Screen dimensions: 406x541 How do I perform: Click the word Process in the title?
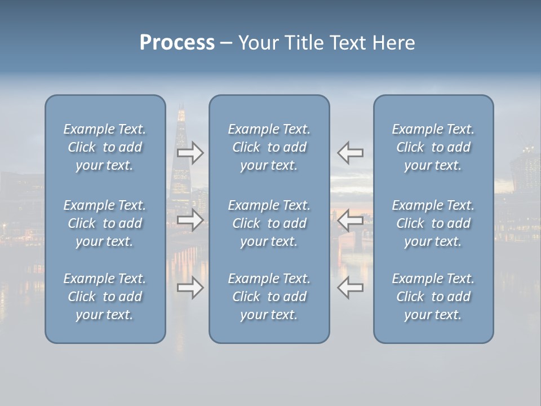(x=177, y=43)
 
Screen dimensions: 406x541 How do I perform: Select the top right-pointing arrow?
(x=190, y=152)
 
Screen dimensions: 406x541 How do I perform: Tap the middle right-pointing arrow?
(x=190, y=220)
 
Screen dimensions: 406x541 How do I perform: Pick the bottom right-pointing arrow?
(x=190, y=288)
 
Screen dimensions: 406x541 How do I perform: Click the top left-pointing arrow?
(x=350, y=152)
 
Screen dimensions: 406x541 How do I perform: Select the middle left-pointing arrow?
(x=350, y=220)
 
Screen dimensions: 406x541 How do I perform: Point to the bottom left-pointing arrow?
(x=350, y=288)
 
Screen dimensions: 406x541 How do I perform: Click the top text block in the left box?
(x=105, y=147)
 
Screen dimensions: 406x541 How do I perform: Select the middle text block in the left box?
(x=105, y=223)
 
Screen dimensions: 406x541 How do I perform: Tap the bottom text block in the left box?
(x=105, y=297)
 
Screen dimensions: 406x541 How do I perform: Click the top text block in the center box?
(x=269, y=147)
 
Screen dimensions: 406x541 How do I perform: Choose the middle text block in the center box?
(x=269, y=223)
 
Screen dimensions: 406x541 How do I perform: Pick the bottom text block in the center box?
(x=269, y=297)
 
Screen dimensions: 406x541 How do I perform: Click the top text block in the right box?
(x=433, y=147)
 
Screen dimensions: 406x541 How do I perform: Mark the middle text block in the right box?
(x=433, y=223)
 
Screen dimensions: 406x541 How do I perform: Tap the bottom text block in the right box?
(x=433, y=297)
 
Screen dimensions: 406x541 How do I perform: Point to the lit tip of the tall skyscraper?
(x=181, y=113)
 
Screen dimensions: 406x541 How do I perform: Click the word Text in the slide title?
(x=348, y=43)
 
